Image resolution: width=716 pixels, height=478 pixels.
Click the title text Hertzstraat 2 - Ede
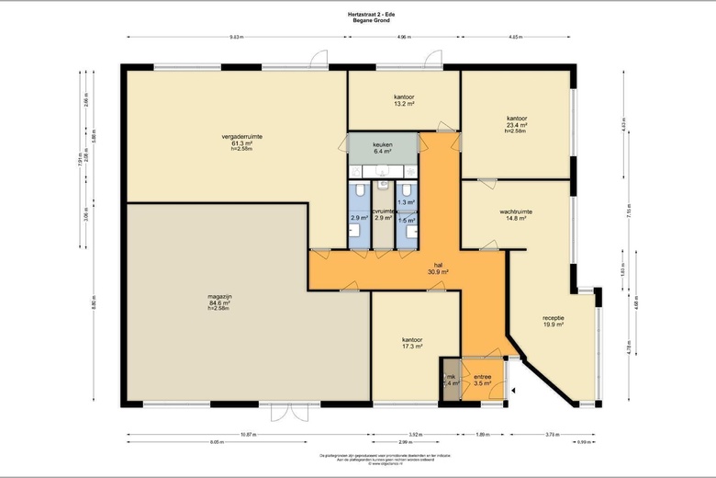click(357, 14)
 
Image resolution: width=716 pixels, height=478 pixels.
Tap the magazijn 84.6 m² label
click(220, 301)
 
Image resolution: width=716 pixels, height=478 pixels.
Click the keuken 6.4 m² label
click(382, 148)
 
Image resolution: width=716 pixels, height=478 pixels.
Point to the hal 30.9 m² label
click(437, 268)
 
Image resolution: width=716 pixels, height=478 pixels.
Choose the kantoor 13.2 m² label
click(404, 100)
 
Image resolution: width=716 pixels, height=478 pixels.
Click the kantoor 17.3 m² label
click(412, 343)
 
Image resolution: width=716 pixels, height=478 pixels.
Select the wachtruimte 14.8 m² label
click(516, 215)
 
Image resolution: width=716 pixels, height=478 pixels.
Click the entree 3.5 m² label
click(482, 380)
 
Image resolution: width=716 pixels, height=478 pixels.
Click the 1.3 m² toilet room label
click(406, 202)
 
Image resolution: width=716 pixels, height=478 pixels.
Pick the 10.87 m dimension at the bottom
click(248, 433)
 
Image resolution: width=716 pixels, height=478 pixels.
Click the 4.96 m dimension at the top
click(404, 38)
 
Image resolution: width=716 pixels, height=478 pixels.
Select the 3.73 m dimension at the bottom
click(551, 433)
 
